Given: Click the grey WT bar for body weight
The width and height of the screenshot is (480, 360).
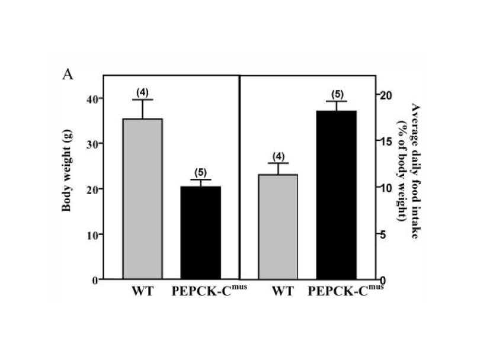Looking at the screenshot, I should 142,199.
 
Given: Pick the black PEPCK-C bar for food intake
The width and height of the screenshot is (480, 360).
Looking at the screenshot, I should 336,195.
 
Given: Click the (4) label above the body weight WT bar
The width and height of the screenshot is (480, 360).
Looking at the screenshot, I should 142,92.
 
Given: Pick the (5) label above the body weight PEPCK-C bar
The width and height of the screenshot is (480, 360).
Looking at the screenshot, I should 200,173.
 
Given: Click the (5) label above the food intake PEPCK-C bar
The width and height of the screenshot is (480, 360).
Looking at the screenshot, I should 335,94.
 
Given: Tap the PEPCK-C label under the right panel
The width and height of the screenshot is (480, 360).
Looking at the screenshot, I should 345,291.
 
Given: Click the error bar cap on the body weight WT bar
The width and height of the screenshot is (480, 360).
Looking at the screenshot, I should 142,99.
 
